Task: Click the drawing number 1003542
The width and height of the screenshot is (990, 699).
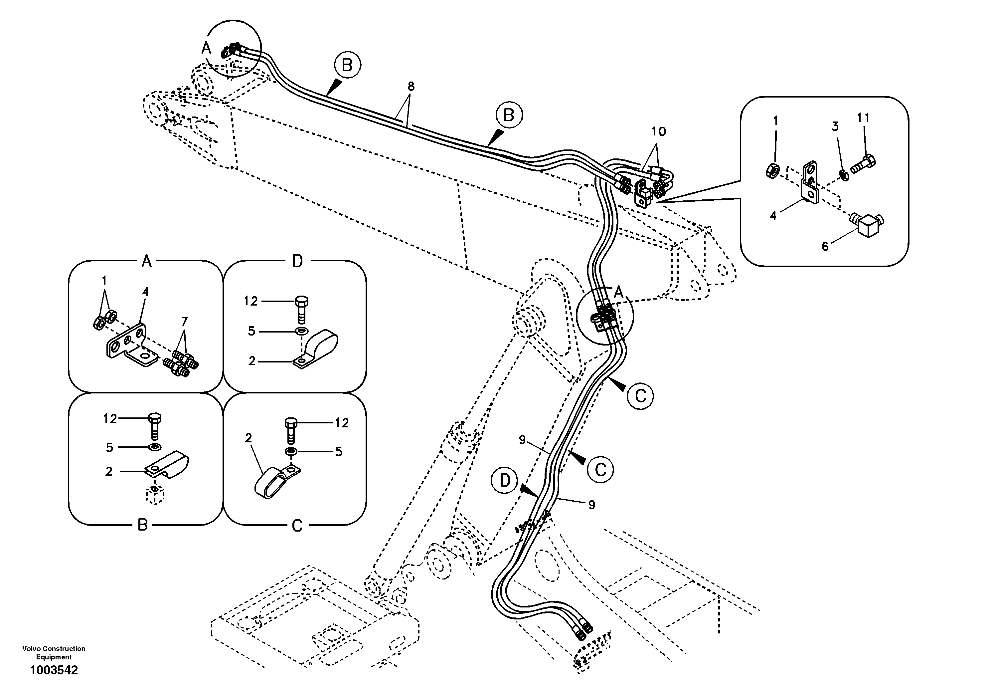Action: (x=54, y=670)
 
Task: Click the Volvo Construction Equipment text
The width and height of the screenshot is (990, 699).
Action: (x=54, y=653)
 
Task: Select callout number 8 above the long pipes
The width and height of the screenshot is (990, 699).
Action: (x=411, y=86)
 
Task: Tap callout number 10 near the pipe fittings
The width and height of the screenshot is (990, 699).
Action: (x=658, y=131)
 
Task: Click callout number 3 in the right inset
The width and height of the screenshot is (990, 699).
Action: (x=835, y=126)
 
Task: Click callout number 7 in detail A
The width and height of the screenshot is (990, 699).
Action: (x=184, y=321)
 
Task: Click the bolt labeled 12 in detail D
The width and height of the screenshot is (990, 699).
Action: (x=301, y=309)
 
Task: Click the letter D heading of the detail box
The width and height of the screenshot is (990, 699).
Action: (x=297, y=261)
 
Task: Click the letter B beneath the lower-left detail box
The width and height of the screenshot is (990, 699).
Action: (x=143, y=525)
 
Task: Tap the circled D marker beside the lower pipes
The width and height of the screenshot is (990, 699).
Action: (x=505, y=481)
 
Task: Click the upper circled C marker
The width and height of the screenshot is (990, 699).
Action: (x=640, y=395)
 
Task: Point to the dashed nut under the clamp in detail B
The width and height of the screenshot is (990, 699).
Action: (x=155, y=495)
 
